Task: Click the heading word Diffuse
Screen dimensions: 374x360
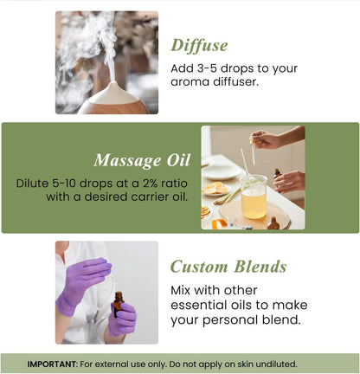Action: (200, 45)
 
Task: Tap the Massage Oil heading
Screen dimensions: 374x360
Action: (141, 160)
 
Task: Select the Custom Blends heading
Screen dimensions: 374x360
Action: (228, 266)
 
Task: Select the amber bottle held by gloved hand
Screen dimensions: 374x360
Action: (118, 305)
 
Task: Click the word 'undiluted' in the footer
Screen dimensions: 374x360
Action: (269, 364)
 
